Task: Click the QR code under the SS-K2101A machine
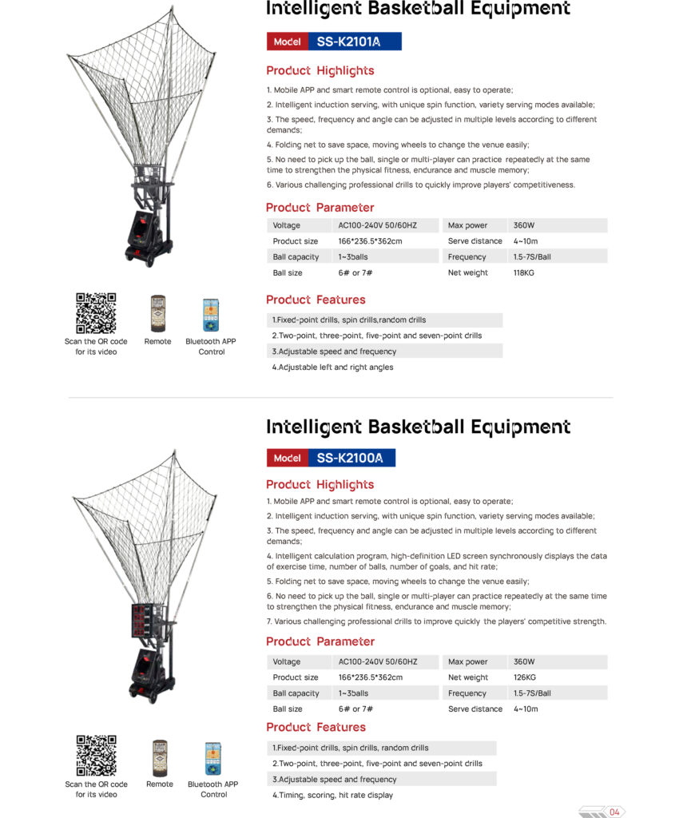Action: [x=96, y=313]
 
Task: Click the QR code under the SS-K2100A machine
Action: [x=96, y=756]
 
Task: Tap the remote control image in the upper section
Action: [x=158, y=314]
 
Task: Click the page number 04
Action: [x=614, y=812]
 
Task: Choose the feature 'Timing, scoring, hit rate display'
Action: [x=333, y=795]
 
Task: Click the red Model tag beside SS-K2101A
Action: [x=287, y=42]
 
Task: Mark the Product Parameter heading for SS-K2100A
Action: [x=320, y=641]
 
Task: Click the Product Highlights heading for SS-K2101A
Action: [x=320, y=71]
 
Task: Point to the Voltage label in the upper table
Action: [x=287, y=225]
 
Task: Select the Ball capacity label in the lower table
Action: [x=296, y=693]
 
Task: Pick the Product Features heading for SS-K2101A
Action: [x=316, y=300]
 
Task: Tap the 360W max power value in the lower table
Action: [x=524, y=661]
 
